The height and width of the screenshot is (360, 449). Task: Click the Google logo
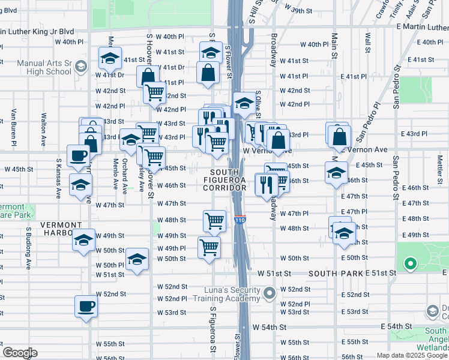coord(20,353)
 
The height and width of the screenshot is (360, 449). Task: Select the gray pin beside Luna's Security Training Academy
coord(270,293)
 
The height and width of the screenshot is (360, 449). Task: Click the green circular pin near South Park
coord(410,263)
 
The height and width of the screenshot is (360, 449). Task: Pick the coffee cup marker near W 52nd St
coord(85,306)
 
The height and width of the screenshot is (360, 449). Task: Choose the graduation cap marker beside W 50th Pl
coord(137,259)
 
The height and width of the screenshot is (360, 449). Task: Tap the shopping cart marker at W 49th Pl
coord(209,246)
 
